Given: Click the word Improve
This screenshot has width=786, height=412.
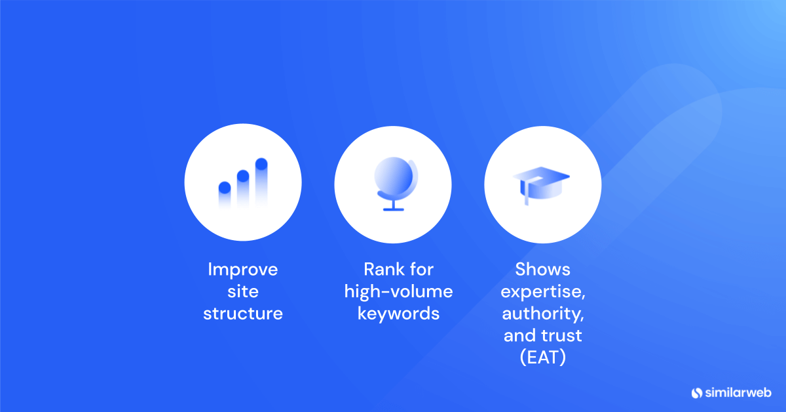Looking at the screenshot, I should (x=242, y=269).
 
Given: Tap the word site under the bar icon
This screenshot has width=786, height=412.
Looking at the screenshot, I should (x=242, y=291).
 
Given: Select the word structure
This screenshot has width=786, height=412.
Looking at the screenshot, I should (x=242, y=314).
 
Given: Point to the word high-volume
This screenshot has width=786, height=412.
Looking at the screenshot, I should (x=398, y=291).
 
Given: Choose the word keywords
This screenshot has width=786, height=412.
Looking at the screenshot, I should (x=398, y=314).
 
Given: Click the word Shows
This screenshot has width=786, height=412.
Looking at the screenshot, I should (x=542, y=269).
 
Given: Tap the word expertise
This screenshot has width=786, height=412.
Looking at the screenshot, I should (x=542, y=291).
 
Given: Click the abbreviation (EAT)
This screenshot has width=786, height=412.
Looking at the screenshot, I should (x=542, y=358).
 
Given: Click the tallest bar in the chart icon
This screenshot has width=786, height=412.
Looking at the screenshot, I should (x=261, y=180).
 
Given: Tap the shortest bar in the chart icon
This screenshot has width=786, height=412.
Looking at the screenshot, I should (x=224, y=194).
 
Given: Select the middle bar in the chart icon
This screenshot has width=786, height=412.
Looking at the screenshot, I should (x=242, y=188).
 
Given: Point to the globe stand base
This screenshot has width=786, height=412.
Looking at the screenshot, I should (x=393, y=209).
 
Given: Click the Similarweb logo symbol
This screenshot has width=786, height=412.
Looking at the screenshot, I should (x=696, y=393).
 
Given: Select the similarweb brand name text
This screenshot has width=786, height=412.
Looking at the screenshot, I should (x=738, y=393).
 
